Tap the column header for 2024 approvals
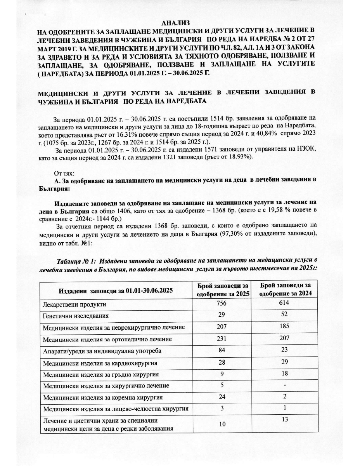[x=283, y=290]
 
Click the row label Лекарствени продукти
[x=74, y=304]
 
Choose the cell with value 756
[x=222, y=303]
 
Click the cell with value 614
[x=284, y=303]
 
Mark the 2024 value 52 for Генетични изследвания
[x=284, y=315]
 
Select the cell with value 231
[x=222, y=339]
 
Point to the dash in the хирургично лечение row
[x=284, y=385]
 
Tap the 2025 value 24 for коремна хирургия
[x=222, y=397]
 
